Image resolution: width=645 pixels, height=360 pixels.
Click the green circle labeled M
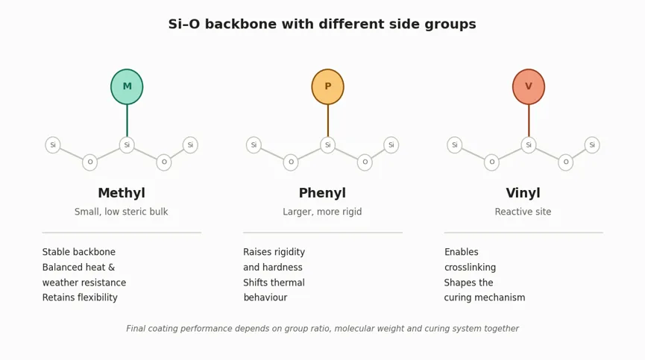[x=127, y=86]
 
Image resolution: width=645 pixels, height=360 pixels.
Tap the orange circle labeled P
[x=328, y=86]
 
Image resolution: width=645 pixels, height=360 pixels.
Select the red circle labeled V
[x=529, y=86]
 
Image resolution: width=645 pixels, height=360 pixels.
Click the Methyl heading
[x=122, y=193]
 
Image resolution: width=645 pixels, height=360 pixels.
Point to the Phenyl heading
[x=322, y=193]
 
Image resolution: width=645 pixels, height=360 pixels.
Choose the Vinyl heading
[x=523, y=193]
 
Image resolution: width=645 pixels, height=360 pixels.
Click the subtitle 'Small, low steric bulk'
[x=121, y=212]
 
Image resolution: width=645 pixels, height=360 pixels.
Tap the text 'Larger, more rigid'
[x=322, y=212]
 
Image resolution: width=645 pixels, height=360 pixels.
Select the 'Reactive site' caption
[x=523, y=212]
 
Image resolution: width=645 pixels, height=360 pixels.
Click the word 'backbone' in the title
[x=241, y=24]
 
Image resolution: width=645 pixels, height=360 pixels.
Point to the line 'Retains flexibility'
[x=80, y=297]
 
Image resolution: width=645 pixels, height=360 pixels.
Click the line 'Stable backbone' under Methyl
[x=78, y=252]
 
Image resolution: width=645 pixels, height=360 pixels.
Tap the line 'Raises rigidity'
[x=274, y=252]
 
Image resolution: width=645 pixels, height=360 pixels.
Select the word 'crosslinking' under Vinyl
[x=470, y=267]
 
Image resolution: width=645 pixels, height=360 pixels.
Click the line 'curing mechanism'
[x=485, y=297]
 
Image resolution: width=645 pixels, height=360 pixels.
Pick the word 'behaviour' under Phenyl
[x=265, y=297]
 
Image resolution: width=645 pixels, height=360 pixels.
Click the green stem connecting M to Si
[x=127, y=121]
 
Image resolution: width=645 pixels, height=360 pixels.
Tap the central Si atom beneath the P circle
[x=328, y=145]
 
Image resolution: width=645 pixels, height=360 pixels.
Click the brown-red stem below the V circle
[x=529, y=121]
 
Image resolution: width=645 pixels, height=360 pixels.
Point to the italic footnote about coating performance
[x=322, y=329]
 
